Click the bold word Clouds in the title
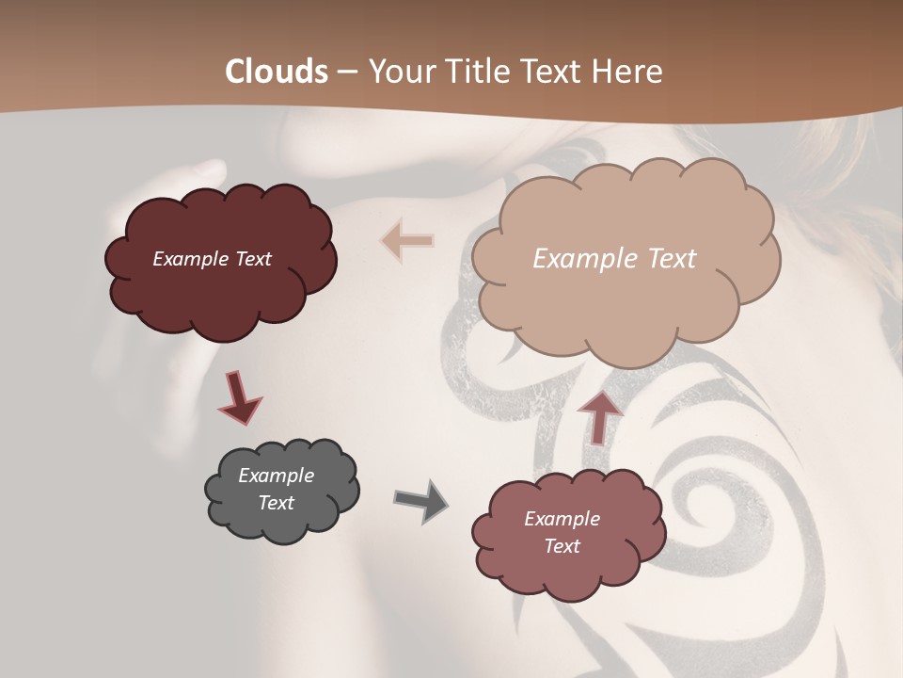(x=277, y=72)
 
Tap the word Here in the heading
(x=628, y=72)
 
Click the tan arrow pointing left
(x=406, y=241)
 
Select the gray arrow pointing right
(x=420, y=501)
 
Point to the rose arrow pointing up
(x=600, y=417)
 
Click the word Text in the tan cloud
(x=672, y=259)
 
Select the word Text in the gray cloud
(x=277, y=503)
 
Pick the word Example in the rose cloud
(x=562, y=519)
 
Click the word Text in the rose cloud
(x=562, y=546)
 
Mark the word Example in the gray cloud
(x=277, y=476)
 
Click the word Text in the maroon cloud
(x=253, y=259)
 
